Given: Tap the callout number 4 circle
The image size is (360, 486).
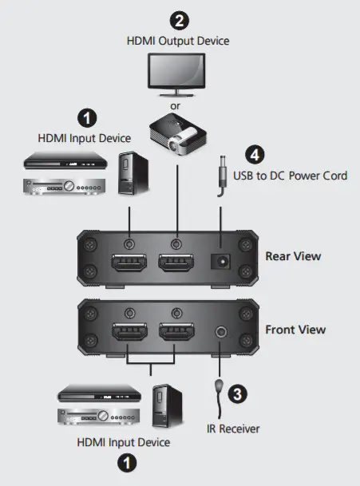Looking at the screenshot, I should (256, 155).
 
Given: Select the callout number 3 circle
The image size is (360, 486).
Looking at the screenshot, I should (236, 392).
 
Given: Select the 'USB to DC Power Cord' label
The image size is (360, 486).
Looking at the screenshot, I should (291, 175).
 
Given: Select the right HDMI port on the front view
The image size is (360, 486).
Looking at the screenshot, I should (176, 335).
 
